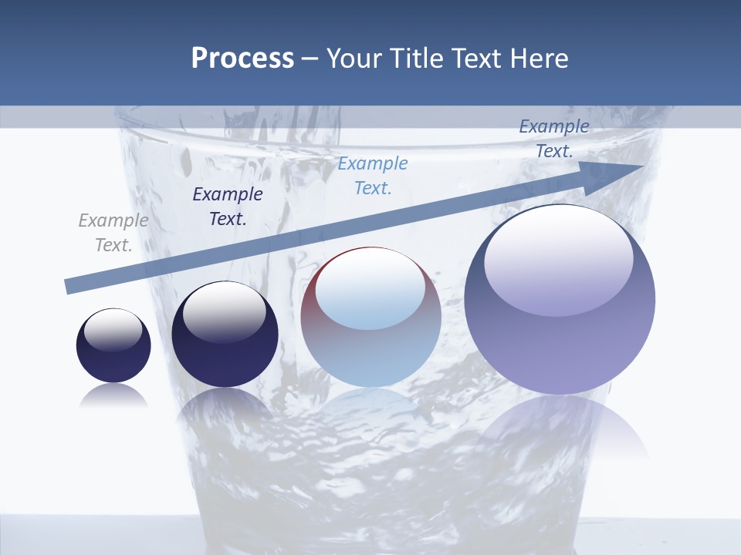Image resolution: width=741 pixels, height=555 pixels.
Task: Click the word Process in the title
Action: pyautogui.click(x=242, y=59)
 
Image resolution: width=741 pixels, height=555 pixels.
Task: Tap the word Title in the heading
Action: pyautogui.click(x=414, y=59)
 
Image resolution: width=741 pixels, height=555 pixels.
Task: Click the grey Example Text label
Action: pyautogui.click(x=113, y=233)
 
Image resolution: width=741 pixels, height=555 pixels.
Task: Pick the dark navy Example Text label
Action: pyautogui.click(x=227, y=207)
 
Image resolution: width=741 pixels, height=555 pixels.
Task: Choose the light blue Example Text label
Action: pyautogui.click(x=373, y=175)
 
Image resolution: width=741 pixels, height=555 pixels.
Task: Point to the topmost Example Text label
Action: pyautogui.click(x=553, y=139)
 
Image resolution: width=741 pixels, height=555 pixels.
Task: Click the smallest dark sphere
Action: pyautogui.click(x=113, y=355)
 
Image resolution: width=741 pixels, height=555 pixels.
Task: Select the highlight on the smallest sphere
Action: pyautogui.click(x=113, y=331)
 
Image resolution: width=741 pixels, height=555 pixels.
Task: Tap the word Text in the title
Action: pyautogui.click(x=471, y=59)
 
